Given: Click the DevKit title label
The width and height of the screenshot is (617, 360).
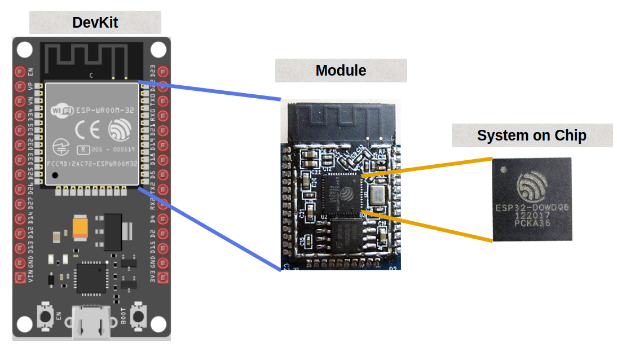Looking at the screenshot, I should (x=95, y=23).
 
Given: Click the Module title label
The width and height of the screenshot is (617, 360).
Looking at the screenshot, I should (x=341, y=71).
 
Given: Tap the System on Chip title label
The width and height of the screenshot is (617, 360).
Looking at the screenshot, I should (x=531, y=135).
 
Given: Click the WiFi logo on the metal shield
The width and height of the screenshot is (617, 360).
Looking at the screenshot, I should (x=61, y=111).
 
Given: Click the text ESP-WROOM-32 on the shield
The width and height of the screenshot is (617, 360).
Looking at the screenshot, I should (x=105, y=111).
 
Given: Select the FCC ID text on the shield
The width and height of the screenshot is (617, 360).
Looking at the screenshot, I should (x=92, y=164).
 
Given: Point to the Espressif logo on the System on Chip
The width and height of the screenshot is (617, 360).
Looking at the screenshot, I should (x=532, y=186).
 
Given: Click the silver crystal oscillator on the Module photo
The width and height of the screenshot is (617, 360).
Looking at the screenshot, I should (x=376, y=196).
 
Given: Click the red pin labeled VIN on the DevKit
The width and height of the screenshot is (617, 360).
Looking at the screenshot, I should (x=20, y=278).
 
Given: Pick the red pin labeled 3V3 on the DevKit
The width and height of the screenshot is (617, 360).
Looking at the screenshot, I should (x=163, y=278).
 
